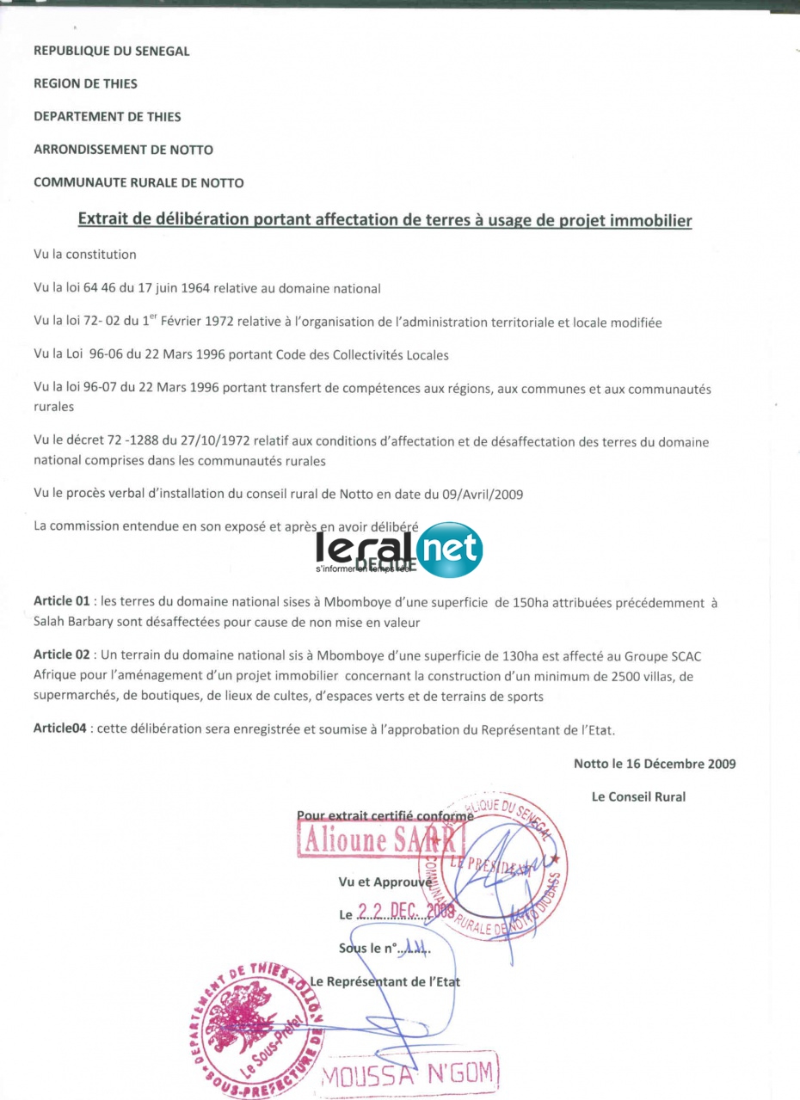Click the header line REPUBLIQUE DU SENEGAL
coord(111,51)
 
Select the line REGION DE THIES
coord(85,83)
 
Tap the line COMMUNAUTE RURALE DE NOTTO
coord(138,182)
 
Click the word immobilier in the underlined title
coord(651,221)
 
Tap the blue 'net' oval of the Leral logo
coord(448,550)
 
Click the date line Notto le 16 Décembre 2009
coord(655,763)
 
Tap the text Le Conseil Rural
coord(638,796)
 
